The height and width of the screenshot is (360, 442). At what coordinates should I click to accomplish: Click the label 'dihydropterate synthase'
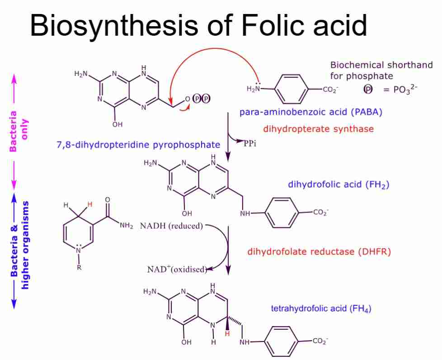318,129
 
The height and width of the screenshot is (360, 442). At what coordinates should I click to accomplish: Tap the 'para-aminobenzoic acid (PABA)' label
311,112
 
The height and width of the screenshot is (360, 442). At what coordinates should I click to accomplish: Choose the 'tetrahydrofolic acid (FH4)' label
321,309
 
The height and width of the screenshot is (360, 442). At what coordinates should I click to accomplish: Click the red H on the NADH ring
89,205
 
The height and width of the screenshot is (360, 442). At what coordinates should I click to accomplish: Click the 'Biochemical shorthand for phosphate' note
381,71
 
